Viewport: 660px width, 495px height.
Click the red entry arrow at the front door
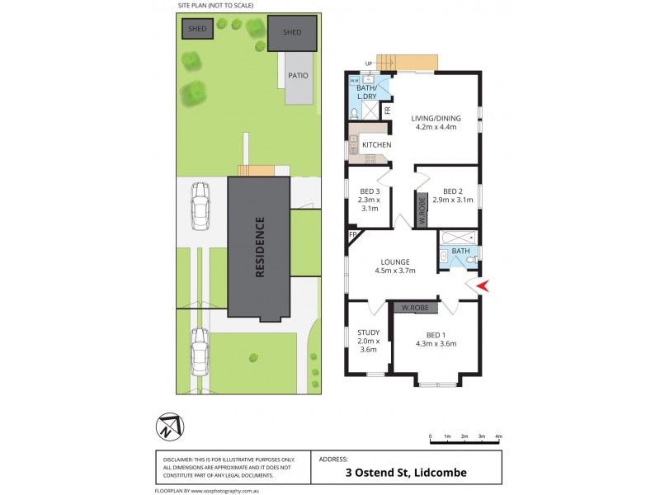483,285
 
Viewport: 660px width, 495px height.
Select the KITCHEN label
376,145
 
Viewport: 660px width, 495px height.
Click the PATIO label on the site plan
299,75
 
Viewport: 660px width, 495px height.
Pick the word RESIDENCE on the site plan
260,247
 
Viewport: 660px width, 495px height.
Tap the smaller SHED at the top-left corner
198,29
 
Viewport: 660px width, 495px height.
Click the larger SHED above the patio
292,32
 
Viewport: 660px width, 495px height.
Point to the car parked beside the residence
200,205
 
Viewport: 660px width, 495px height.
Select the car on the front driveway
199,351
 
